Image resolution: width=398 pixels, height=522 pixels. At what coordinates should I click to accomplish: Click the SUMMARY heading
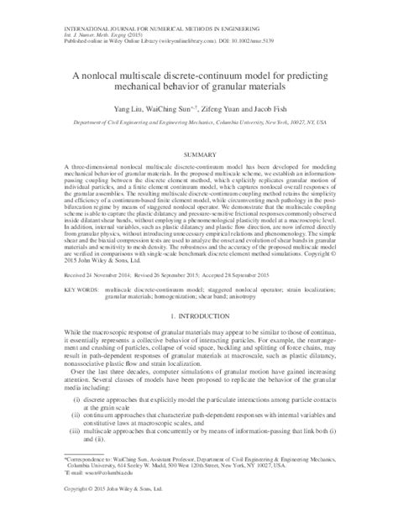click(199, 156)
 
